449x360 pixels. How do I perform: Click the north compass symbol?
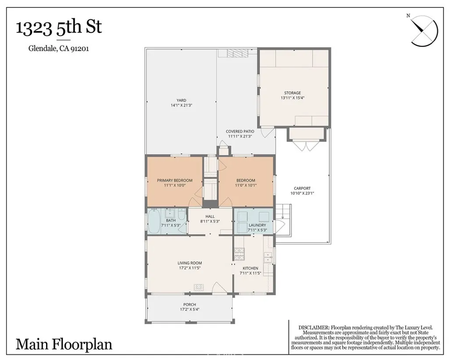424,30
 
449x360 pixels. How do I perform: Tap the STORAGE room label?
292,93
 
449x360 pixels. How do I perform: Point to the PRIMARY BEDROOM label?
175,180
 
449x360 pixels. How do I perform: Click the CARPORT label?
302,189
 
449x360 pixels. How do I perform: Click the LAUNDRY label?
257,225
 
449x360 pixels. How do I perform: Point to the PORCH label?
189,305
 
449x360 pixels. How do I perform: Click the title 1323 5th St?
59,27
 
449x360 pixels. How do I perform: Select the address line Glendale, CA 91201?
59,49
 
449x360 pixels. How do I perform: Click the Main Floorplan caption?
64,344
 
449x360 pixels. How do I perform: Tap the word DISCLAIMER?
314,328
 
